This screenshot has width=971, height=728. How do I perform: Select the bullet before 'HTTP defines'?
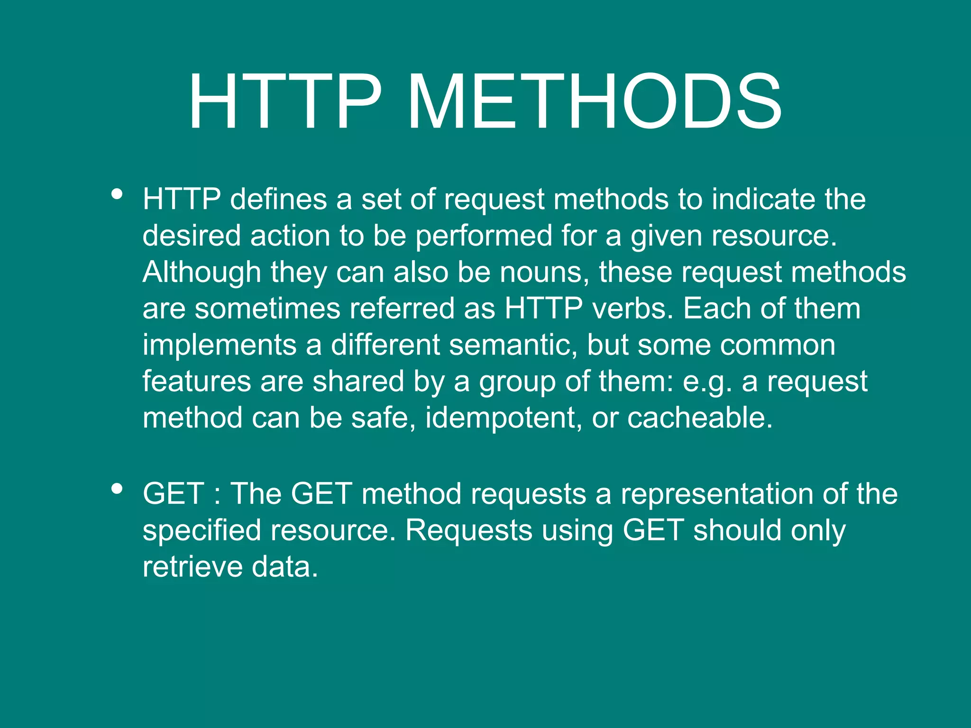click(x=117, y=194)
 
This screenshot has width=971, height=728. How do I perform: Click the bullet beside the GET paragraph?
click(x=117, y=489)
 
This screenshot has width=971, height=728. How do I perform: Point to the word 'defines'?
click(x=278, y=199)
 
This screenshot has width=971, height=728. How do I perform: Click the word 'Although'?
click(x=202, y=273)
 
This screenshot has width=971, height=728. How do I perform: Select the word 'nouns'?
click(x=541, y=273)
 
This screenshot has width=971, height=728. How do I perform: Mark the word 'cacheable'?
click(x=700, y=418)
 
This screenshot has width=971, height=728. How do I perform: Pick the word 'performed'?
click(x=484, y=236)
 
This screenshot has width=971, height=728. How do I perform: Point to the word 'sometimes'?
click(x=267, y=309)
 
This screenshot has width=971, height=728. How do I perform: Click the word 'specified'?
click(x=202, y=531)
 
